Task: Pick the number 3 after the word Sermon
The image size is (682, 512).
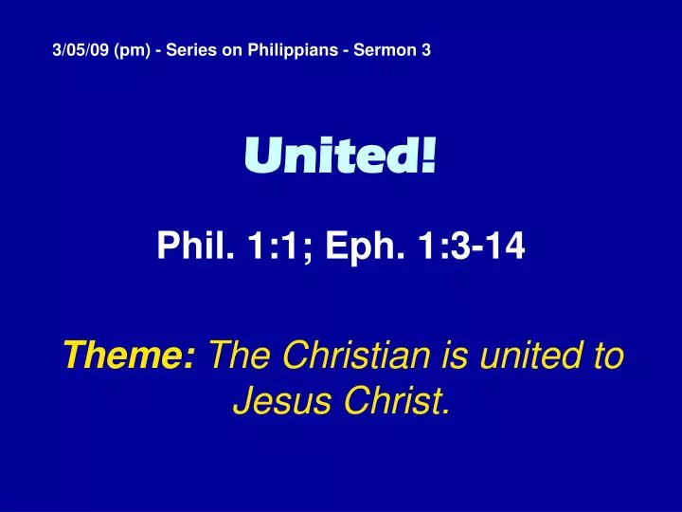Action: pyautogui.click(x=425, y=51)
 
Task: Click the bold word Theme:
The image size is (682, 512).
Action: pyautogui.click(x=130, y=357)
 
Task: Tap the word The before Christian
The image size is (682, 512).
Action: pyautogui.click(x=241, y=357)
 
